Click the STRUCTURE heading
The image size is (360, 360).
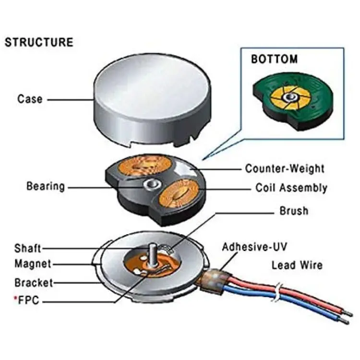coord(39,42)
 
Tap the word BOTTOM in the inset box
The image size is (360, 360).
coord(275,59)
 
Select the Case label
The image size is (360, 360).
coord(30,99)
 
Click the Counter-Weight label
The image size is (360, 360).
coord(285,168)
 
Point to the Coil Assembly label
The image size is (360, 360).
coord(291,188)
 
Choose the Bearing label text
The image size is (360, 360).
coord(46,186)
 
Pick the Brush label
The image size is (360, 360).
coord(294,211)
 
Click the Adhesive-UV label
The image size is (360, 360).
coord(254,247)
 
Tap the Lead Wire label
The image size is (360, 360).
coord(297,265)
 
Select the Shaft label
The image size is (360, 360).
coord(28,248)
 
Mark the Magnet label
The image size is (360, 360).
coord(33,264)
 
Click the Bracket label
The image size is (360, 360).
coord(34,283)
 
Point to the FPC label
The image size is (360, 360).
coord(28,300)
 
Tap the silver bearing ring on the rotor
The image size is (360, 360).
coord(152,184)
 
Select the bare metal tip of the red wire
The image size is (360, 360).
coord(348,313)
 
